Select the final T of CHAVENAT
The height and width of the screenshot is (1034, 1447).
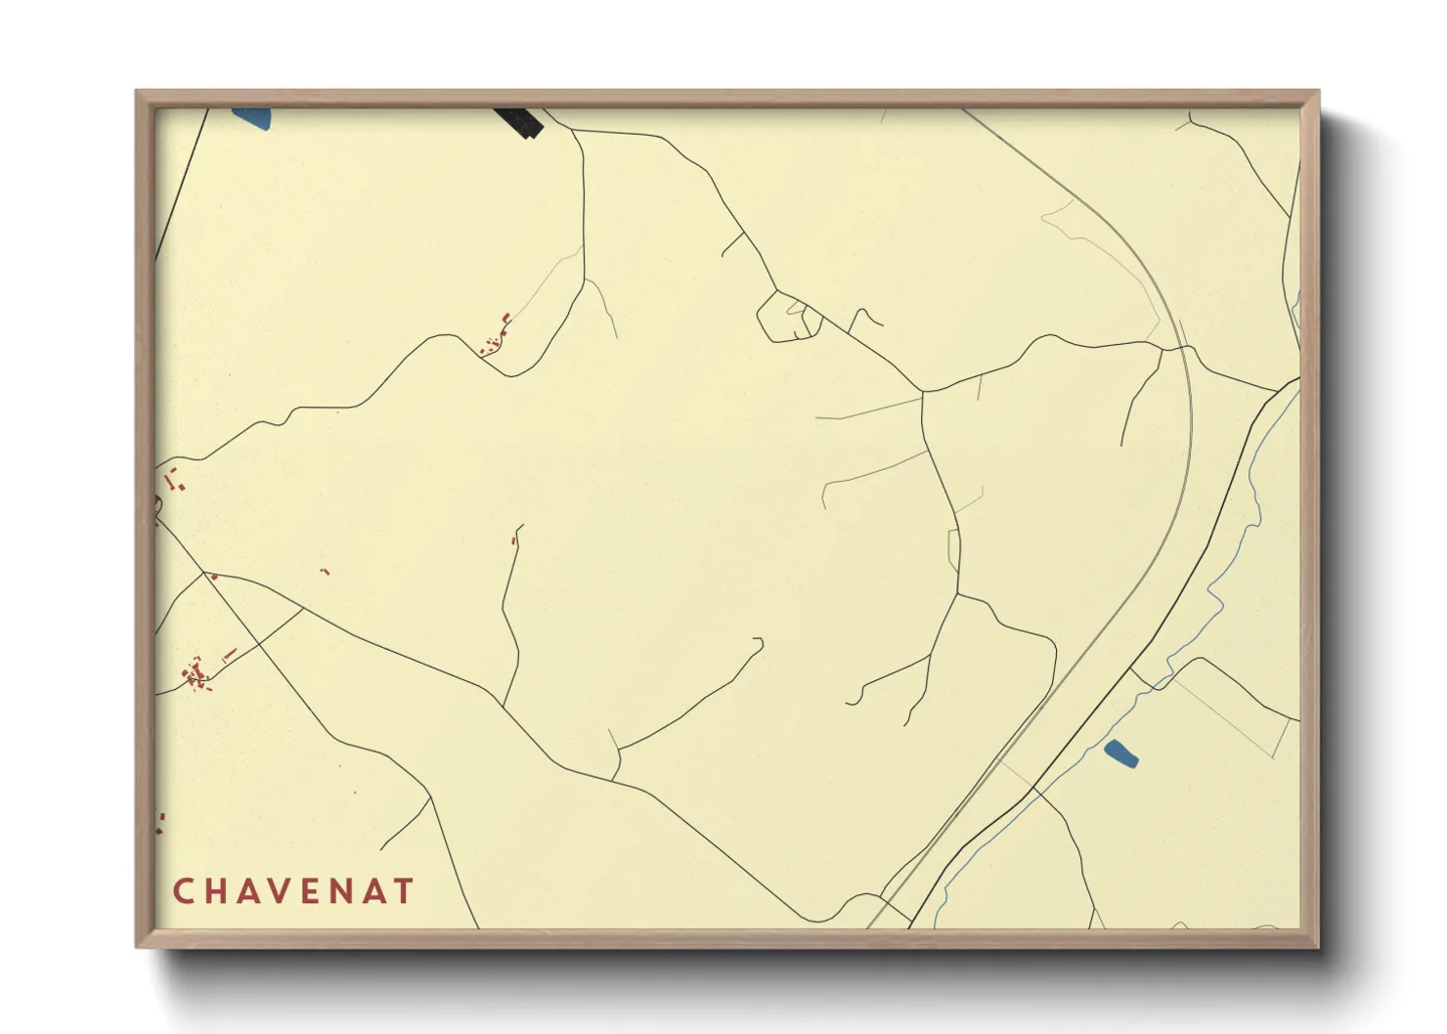coord(404,891)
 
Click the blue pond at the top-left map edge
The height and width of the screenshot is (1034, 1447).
coord(252,118)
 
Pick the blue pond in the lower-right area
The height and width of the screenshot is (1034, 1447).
coord(1120,754)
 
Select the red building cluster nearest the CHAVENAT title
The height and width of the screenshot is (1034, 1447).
coord(197,673)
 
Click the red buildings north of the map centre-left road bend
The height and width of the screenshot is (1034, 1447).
coord(496,335)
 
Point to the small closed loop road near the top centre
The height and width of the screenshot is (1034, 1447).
coord(788,317)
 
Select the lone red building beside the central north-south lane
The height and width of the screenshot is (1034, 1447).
coord(513,539)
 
